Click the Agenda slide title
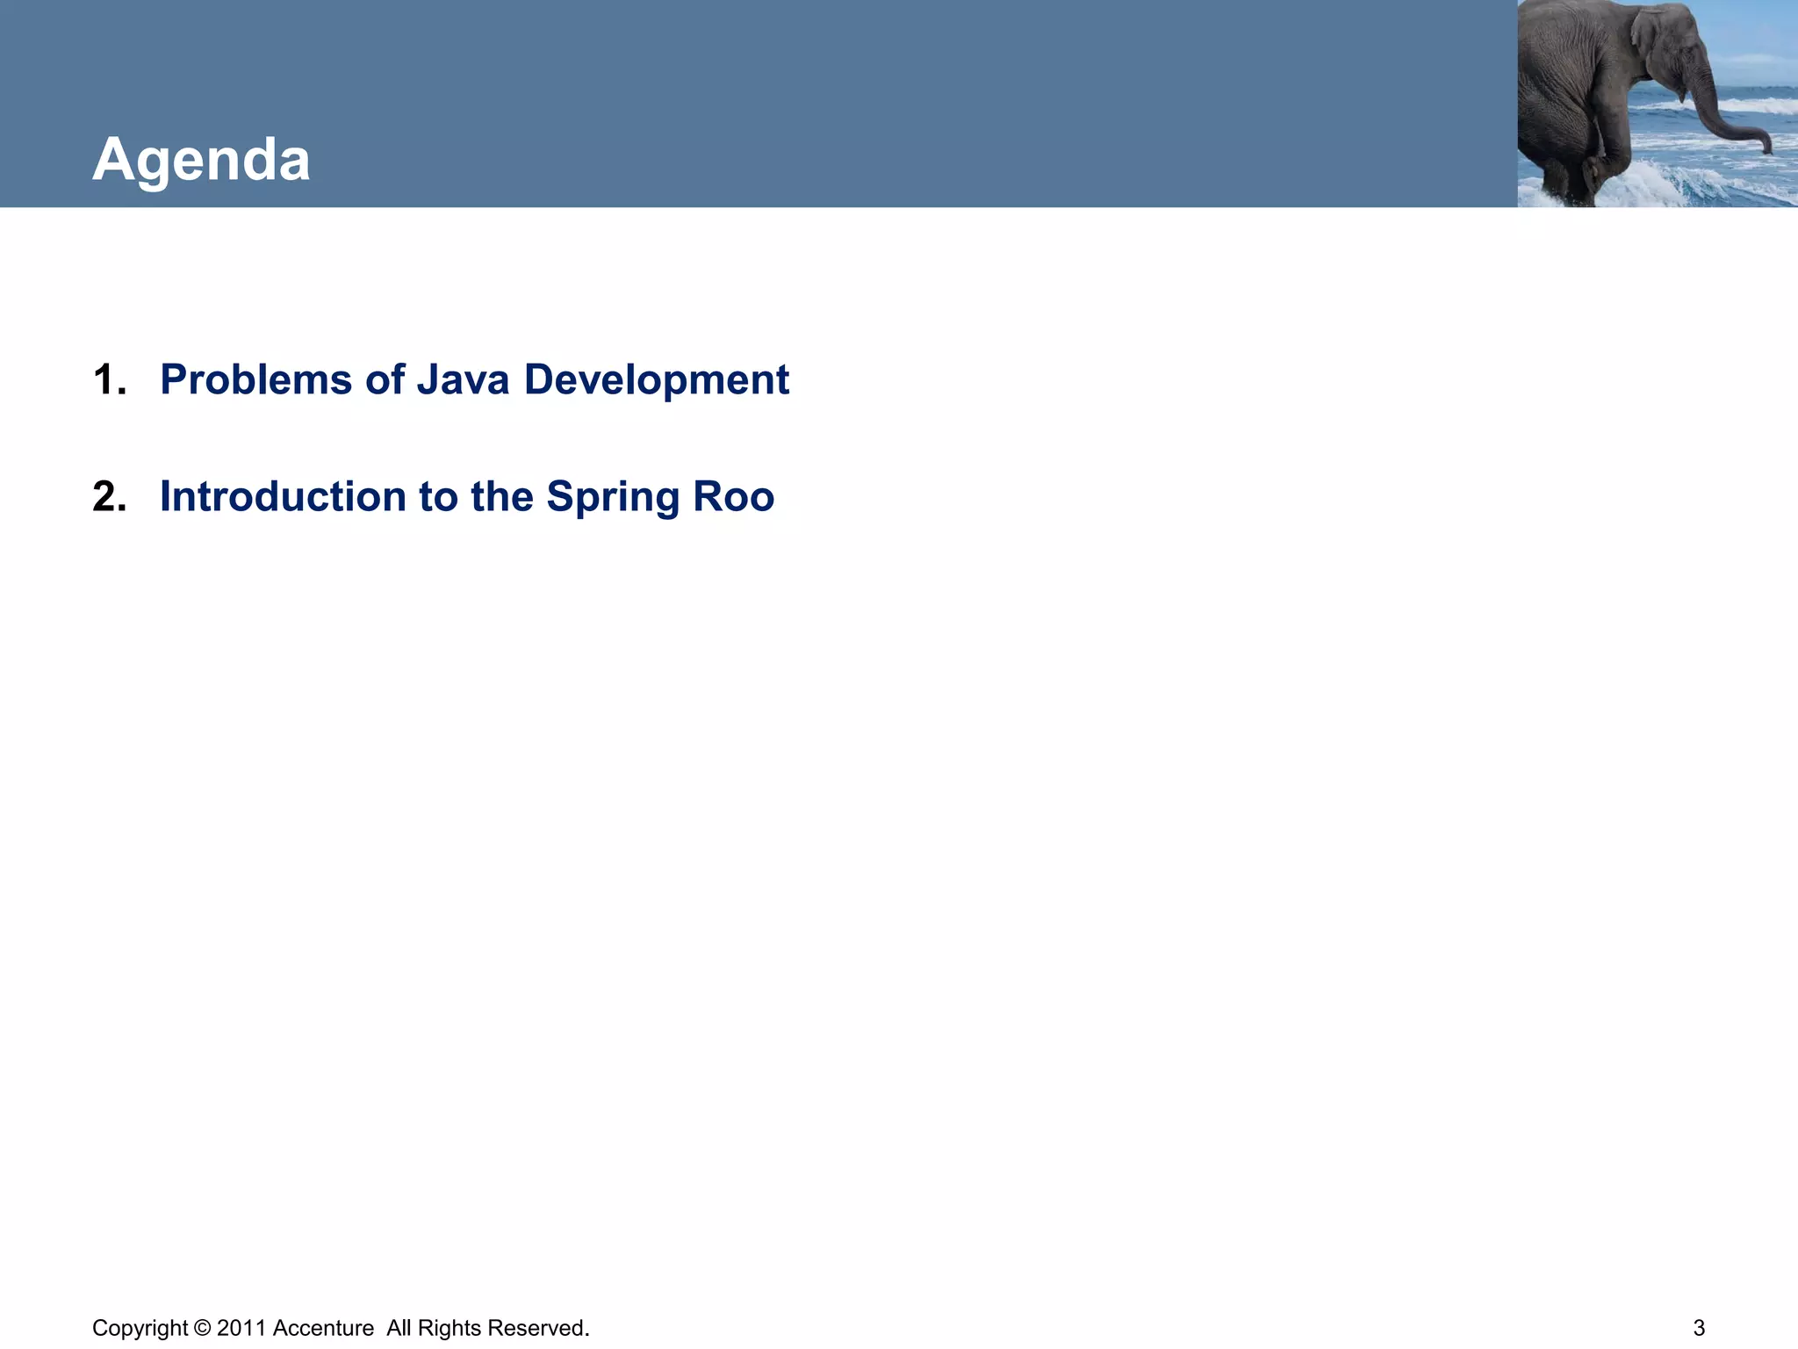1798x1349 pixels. (x=201, y=160)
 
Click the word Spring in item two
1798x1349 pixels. (x=613, y=498)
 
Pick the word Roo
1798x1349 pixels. (x=733, y=496)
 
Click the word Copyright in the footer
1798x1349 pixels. (x=140, y=1328)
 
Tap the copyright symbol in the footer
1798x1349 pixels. (x=202, y=1328)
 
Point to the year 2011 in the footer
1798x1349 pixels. (x=241, y=1328)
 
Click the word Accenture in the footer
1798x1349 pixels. (x=323, y=1328)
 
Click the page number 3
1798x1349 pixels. (x=1699, y=1328)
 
